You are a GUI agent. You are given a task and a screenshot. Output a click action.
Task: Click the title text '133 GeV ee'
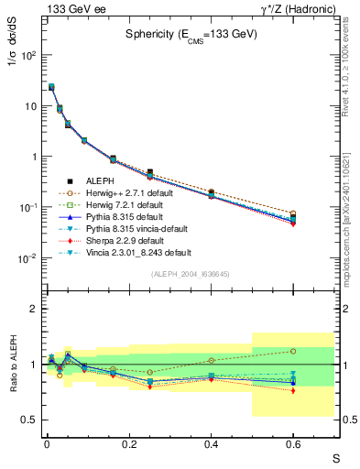(x=71, y=8)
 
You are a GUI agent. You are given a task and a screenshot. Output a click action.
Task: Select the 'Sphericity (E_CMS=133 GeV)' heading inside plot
(x=191, y=34)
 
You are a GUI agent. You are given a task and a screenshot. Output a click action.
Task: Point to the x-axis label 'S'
(x=335, y=458)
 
